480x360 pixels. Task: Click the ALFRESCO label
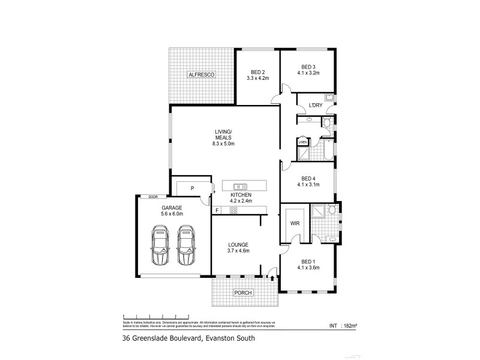(202, 74)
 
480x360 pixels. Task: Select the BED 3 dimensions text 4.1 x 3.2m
(308, 73)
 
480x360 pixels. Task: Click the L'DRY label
(316, 106)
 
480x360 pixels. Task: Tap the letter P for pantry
(192, 188)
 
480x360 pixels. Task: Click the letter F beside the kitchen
(217, 210)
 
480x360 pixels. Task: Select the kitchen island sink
(241, 186)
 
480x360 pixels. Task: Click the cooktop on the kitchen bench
(226, 210)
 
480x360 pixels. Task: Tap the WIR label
(295, 223)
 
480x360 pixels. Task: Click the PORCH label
(244, 293)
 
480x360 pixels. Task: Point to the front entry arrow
(274, 278)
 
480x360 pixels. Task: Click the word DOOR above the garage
(153, 197)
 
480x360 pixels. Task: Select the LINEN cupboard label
(302, 142)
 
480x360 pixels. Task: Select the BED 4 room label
(308, 178)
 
